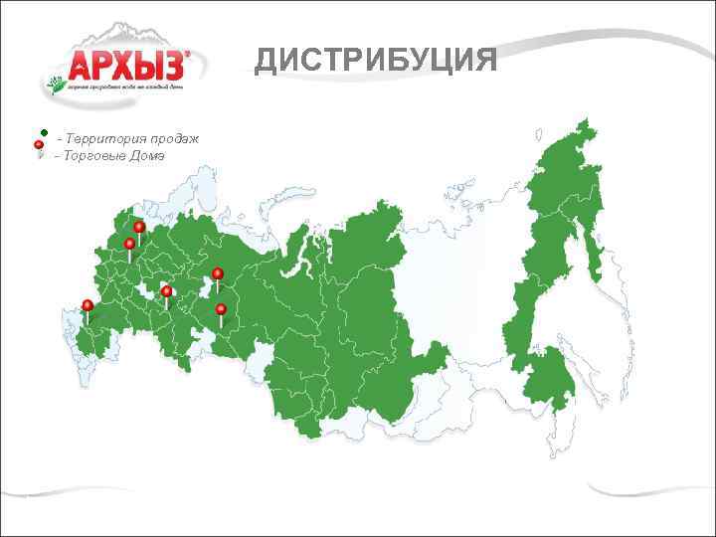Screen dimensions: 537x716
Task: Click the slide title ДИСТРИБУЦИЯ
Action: point(376,61)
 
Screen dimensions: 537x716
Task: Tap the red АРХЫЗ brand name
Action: point(126,66)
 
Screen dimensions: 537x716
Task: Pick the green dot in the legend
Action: point(46,133)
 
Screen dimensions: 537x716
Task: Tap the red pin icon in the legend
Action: point(39,146)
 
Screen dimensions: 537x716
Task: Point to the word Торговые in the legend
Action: point(91,156)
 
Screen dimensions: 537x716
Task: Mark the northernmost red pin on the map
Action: point(139,227)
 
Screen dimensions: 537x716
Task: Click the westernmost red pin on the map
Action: point(88,304)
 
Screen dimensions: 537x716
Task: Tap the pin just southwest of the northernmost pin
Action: point(129,244)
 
